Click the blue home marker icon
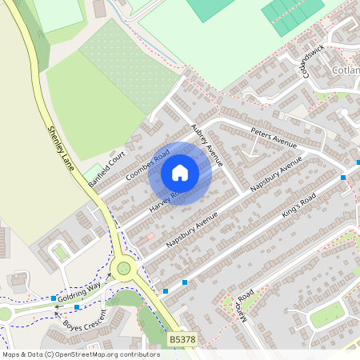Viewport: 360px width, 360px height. [x=180, y=173]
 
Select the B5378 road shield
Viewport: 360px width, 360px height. [x=181, y=340]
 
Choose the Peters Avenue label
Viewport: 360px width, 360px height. [x=273, y=137]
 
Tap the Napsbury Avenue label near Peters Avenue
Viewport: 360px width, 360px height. [x=277, y=174]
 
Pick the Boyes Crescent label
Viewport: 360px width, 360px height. [x=82, y=324]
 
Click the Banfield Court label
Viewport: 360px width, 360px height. [x=107, y=168]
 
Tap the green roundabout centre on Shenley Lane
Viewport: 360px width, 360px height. [x=123, y=268]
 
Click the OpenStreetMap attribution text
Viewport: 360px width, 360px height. [x=81, y=354]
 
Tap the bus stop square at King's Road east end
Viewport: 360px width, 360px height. [x=343, y=177]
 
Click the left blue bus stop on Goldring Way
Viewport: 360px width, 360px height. [x=54, y=298]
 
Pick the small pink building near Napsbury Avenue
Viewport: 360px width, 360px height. [x=146, y=238]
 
